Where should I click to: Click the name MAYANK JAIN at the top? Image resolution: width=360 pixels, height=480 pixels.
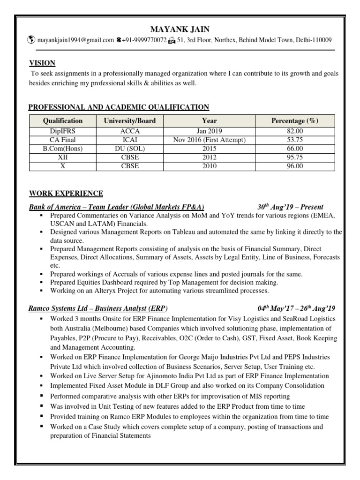point(180,30)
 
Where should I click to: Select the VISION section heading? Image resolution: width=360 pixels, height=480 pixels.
point(42,63)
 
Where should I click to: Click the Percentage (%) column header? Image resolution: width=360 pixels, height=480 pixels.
point(295,120)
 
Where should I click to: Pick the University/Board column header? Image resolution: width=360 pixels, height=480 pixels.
point(130,120)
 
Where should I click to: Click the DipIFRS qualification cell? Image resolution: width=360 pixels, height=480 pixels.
point(62,131)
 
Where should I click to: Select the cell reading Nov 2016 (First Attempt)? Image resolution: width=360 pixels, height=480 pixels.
point(209,140)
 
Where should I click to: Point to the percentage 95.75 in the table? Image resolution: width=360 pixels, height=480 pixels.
point(295,157)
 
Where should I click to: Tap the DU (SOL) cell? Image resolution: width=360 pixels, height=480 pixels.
point(130,149)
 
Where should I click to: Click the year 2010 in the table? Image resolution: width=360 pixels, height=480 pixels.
point(209,166)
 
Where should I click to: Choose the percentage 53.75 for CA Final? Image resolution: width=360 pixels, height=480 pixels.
point(295,140)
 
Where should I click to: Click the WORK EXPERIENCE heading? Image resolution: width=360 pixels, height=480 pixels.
point(66,193)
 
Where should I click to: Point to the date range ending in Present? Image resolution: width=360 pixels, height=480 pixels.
point(290,207)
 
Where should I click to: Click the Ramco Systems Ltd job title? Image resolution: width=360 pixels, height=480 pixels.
point(98,309)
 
